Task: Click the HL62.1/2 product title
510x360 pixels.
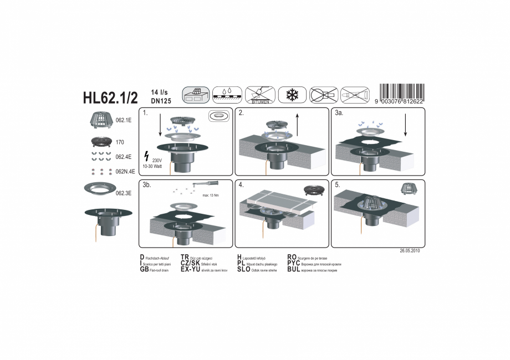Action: click(110, 97)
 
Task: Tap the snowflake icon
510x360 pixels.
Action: click(292, 95)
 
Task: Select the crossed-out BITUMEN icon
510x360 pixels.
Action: click(260, 95)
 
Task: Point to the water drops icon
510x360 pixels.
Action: click(227, 95)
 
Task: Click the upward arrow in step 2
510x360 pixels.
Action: click(298, 124)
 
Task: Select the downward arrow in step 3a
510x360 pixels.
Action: click(406, 125)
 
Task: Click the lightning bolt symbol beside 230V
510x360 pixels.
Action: click(146, 156)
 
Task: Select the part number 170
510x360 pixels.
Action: click(120, 142)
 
